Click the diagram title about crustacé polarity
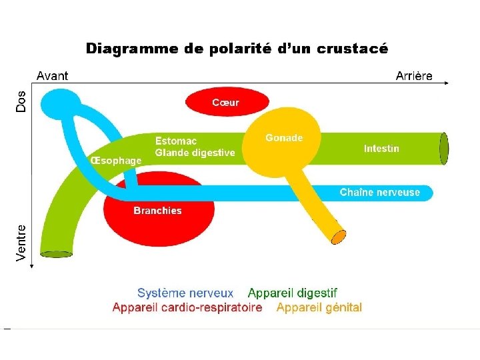(237, 49)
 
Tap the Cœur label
(225, 103)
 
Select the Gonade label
(284, 138)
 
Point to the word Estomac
(176, 141)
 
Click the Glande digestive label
(195, 153)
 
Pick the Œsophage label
(116, 160)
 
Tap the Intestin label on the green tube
(381, 148)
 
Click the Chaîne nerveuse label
(380, 192)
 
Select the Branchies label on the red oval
(157, 211)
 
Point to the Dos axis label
(21, 101)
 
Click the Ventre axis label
(21, 243)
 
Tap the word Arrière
(414, 76)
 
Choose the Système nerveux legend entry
(185, 293)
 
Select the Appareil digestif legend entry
(293, 293)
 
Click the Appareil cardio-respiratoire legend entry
(187, 307)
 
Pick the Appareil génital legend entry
(319, 307)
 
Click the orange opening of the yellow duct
(339, 236)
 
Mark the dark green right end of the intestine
(445, 148)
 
